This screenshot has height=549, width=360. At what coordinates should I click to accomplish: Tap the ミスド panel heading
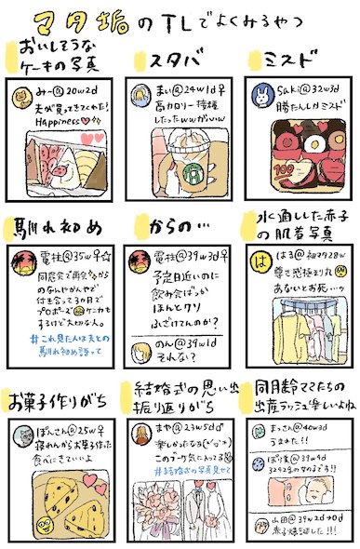290,62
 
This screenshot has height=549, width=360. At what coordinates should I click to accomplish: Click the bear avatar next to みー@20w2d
26,95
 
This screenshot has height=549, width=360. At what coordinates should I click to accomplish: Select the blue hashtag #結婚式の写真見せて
180,471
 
